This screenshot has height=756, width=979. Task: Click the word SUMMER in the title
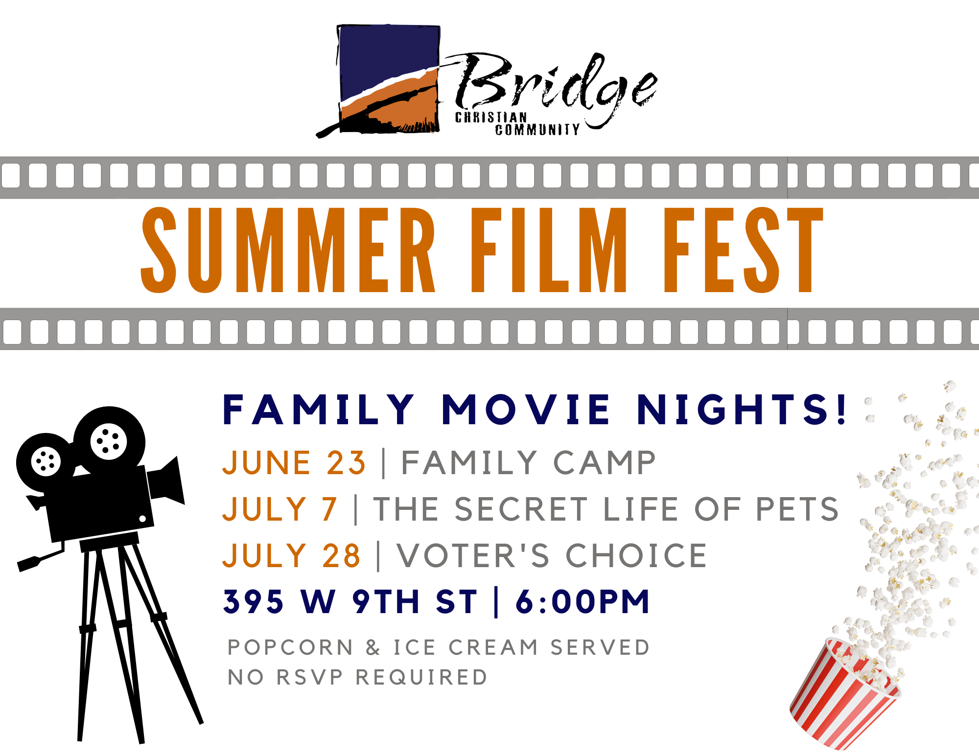tap(288, 250)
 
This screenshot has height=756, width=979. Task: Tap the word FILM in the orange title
tap(549, 250)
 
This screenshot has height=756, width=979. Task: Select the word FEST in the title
tap(744, 250)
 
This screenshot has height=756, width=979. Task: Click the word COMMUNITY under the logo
tap(537, 130)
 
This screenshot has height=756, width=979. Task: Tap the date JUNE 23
tap(294, 463)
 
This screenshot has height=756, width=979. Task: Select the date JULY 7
tap(280, 509)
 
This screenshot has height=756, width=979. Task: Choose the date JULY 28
tap(292, 556)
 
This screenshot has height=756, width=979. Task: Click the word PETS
tap(797, 509)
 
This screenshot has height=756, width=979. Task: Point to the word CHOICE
tap(636, 556)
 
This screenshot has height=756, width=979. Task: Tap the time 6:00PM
tap(583, 601)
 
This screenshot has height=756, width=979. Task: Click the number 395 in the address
tap(253, 601)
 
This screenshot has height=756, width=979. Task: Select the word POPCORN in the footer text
tap(290, 647)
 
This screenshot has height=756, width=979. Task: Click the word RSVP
tap(310, 678)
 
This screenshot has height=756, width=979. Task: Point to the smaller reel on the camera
tap(45, 462)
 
